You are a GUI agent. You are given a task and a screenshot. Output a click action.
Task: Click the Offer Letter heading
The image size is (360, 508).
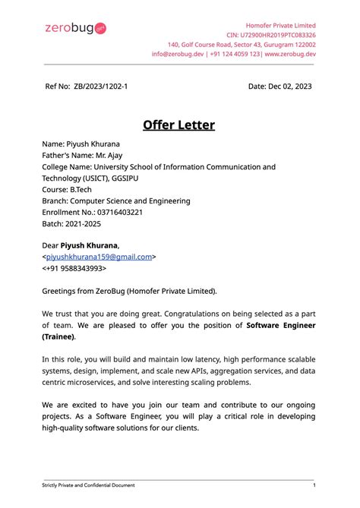pyautogui.click(x=179, y=125)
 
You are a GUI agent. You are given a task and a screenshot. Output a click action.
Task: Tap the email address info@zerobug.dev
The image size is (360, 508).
pyautogui.click(x=178, y=54)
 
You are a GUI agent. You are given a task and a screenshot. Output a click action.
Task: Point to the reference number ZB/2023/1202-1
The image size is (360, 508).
pyautogui.click(x=101, y=87)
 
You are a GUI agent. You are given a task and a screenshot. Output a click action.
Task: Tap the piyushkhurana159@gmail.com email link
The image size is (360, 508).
pyautogui.click(x=99, y=257)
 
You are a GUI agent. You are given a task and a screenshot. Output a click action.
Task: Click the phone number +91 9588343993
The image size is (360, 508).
pyautogui.click(x=76, y=268)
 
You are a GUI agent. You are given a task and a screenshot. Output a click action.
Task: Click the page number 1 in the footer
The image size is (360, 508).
pyautogui.click(x=314, y=485)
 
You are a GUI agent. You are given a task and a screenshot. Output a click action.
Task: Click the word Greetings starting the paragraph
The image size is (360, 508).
pyautogui.click(x=62, y=291)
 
